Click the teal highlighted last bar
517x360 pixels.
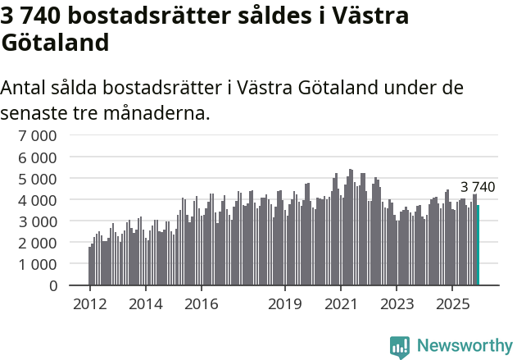(x=478, y=245)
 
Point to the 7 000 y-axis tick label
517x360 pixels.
(x=39, y=135)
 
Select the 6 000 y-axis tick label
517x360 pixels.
(x=39, y=157)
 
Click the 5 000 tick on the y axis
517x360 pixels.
(x=39, y=179)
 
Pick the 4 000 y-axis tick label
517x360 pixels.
(x=39, y=200)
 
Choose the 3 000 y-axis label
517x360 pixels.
(x=39, y=221)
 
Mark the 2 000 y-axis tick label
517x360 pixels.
(x=39, y=243)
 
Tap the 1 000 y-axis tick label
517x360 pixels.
(x=39, y=264)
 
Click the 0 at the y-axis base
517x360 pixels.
(x=52, y=285)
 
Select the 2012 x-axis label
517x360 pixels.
(x=89, y=304)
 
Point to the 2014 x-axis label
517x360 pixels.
(x=145, y=304)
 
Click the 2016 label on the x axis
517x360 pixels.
(x=202, y=304)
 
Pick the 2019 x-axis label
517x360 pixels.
(x=285, y=304)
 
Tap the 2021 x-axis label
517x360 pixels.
(x=341, y=304)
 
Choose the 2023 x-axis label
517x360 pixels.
(x=397, y=304)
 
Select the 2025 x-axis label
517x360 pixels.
(x=452, y=304)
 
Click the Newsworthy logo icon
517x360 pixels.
(x=400, y=346)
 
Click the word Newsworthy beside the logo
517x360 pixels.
(x=464, y=346)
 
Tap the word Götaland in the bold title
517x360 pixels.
(x=55, y=43)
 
